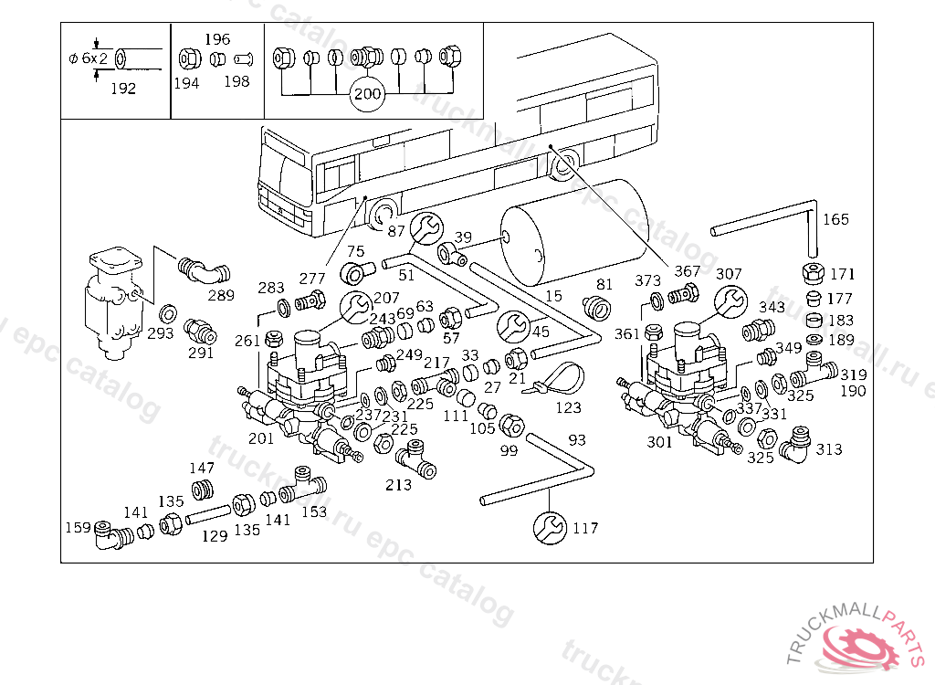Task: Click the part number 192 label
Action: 122,89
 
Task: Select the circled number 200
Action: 367,94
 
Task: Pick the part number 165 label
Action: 835,219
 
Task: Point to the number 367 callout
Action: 687,271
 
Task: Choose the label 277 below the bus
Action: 312,278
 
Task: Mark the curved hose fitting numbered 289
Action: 203,270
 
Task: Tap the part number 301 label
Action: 659,442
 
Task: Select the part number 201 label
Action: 261,438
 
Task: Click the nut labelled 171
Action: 813,273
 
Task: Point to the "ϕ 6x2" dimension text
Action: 87,58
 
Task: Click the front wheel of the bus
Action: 383,214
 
